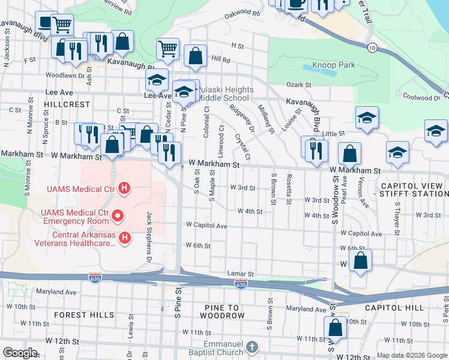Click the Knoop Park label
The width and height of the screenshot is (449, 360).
click(333, 65)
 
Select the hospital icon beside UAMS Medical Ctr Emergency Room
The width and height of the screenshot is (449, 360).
click(118, 214)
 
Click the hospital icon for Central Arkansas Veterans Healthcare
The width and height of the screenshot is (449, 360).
click(125, 239)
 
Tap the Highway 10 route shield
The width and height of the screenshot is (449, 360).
click(373, 47)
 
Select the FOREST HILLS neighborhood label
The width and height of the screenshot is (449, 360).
click(83, 315)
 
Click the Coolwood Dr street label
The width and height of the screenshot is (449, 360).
click(421, 97)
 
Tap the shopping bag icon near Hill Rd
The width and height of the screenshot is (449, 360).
click(195, 56)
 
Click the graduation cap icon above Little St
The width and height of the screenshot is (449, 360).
click(366, 118)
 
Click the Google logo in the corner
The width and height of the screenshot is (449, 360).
click(20, 353)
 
